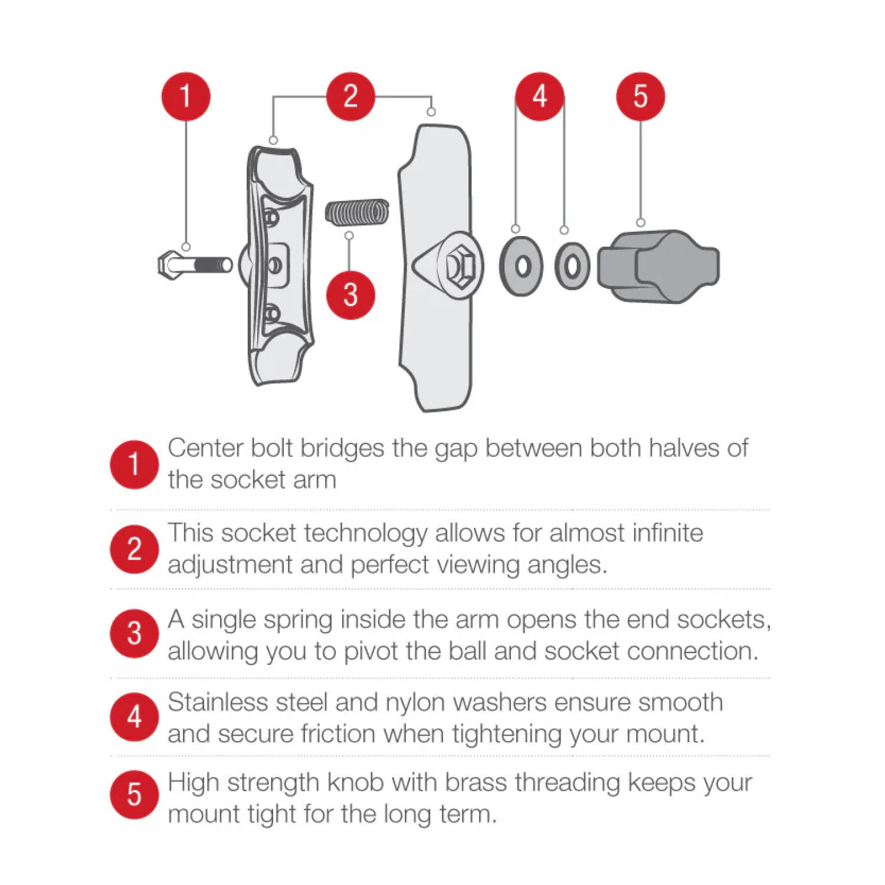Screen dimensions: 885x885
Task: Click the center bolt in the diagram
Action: (x=195, y=265)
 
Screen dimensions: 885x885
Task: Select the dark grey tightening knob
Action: (x=658, y=267)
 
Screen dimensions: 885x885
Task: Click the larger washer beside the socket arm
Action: (x=522, y=266)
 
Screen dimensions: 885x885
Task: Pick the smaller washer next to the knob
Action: (x=572, y=266)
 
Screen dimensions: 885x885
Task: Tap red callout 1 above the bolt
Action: (x=186, y=96)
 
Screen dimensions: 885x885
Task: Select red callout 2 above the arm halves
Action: (x=350, y=96)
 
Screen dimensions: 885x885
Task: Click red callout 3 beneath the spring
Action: (x=350, y=294)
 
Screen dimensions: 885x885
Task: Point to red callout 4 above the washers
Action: (x=540, y=96)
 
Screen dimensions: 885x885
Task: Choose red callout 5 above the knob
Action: (x=641, y=96)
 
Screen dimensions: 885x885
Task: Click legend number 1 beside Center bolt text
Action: (x=135, y=464)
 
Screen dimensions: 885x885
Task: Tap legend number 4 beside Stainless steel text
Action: (x=135, y=717)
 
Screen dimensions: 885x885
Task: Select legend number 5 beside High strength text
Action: (x=135, y=794)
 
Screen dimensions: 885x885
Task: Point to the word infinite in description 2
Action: (x=668, y=533)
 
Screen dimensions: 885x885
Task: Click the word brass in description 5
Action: (x=476, y=783)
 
